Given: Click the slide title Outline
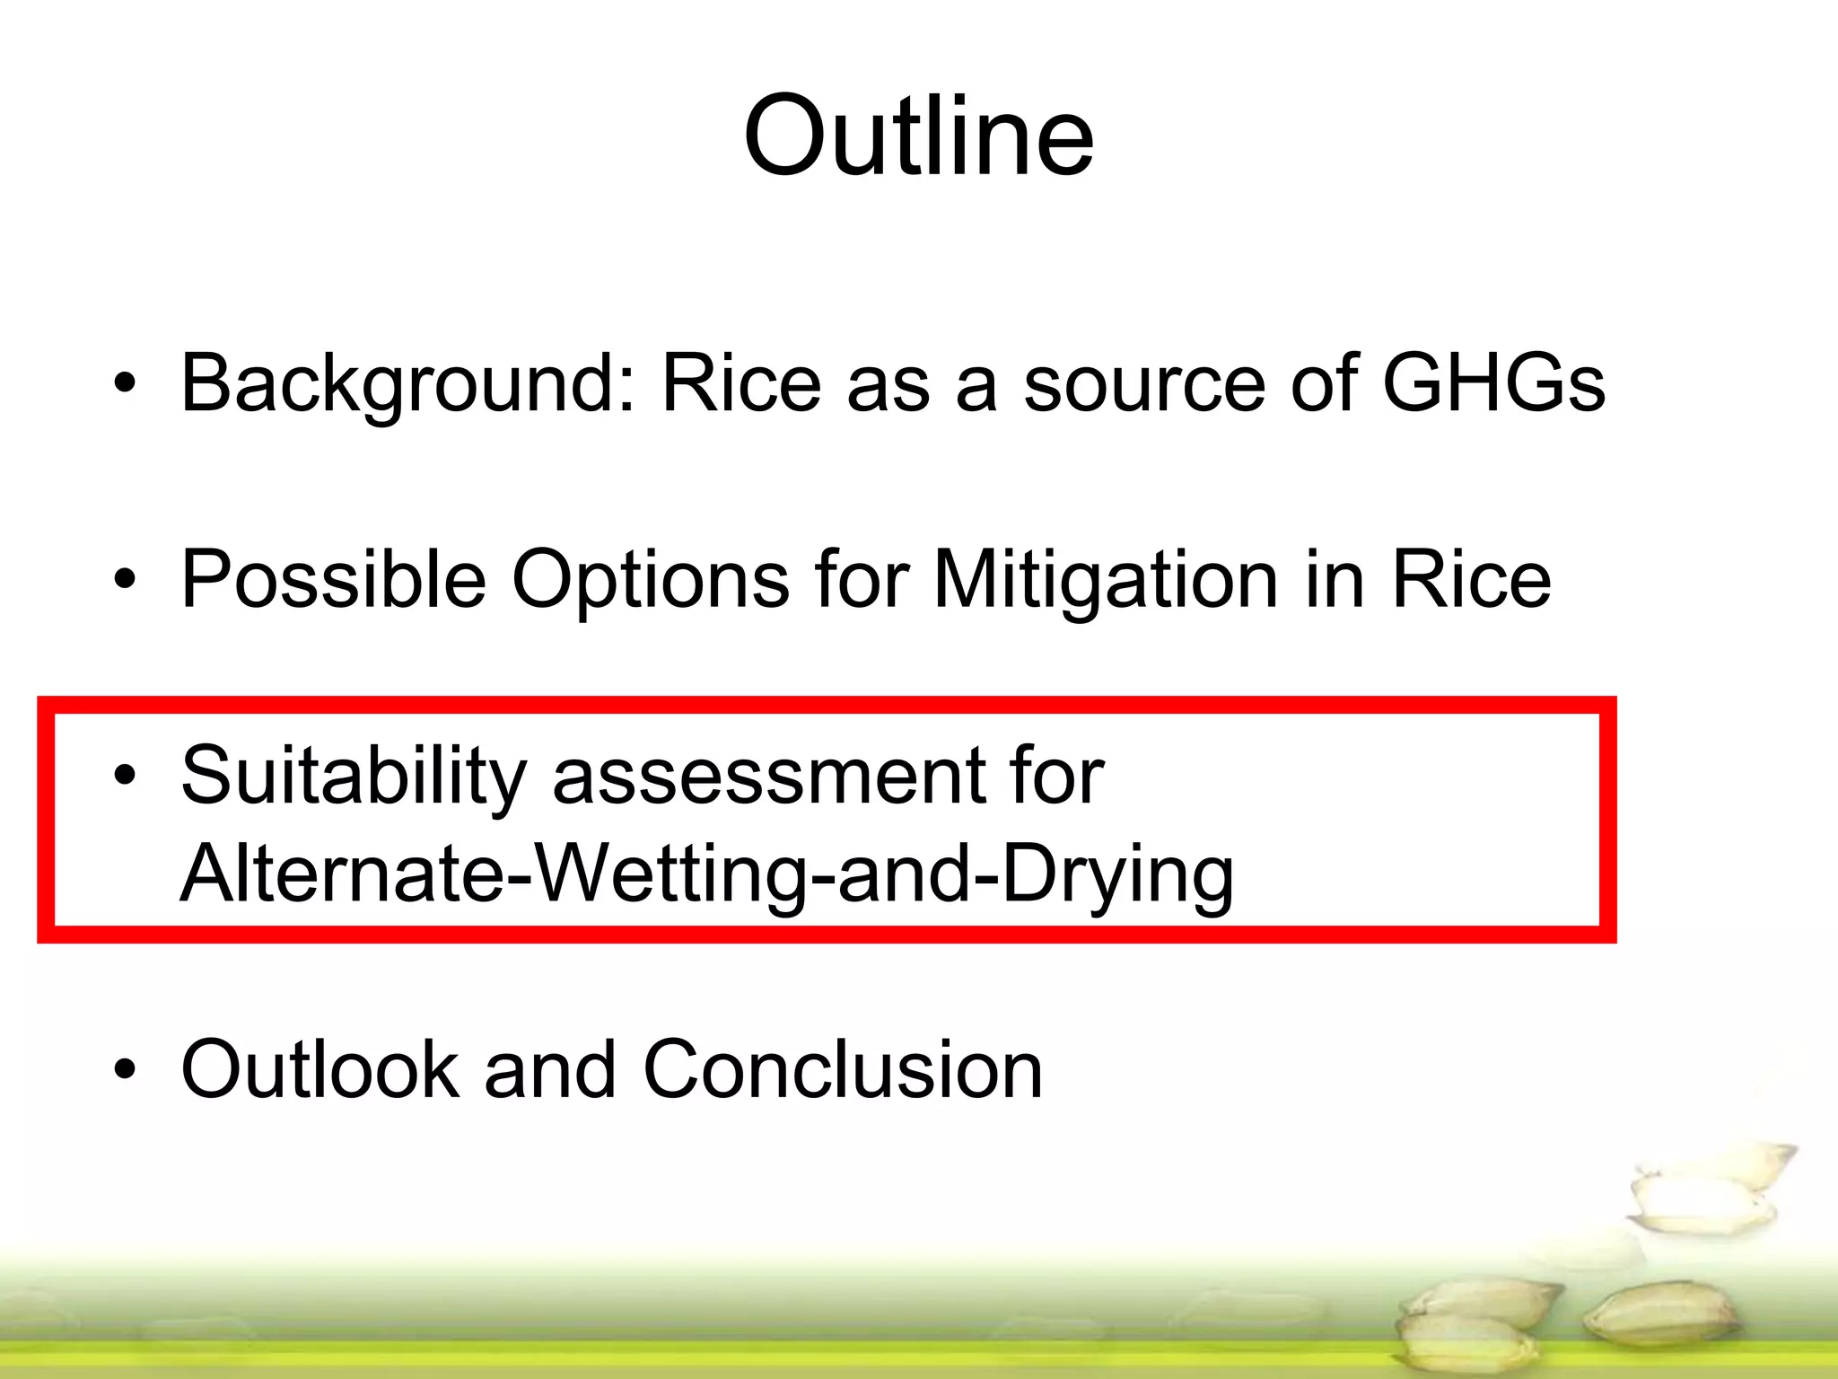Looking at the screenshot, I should [x=918, y=136].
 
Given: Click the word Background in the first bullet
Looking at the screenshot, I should [x=408, y=384].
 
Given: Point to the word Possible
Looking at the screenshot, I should [x=333, y=579].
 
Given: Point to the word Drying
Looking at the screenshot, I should [x=1117, y=876].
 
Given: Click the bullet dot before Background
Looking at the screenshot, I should [x=125, y=385].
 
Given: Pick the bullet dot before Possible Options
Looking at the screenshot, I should [x=125, y=580].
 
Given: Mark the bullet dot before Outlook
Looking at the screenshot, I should [x=125, y=1069].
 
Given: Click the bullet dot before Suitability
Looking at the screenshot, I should [x=125, y=777].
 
